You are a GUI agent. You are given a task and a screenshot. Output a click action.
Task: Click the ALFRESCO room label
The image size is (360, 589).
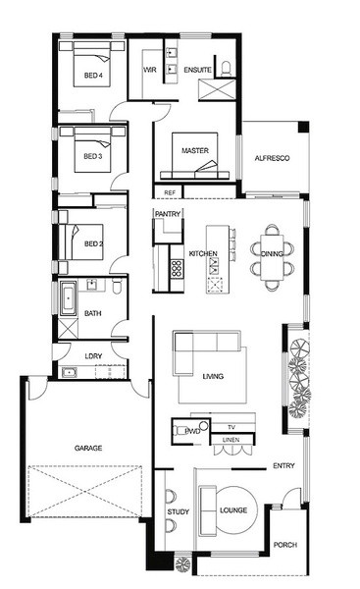(x=272, y=158)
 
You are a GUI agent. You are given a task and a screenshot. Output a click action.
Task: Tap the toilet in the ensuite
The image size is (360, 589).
(x=226, y=69)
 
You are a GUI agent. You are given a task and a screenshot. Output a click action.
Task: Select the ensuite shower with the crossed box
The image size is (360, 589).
(x=217, y=89)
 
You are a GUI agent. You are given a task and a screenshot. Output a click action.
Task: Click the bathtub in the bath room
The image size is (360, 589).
(x=69, y=298)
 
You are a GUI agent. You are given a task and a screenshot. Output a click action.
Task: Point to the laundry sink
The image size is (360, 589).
(x=70, y=373)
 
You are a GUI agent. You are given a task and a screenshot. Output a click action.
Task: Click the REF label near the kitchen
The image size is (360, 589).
(x=170, y=192)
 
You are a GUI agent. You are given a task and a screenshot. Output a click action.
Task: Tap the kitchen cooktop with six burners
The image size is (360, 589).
(x=176, y=269)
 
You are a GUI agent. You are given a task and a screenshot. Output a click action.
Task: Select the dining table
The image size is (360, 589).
(x=272, y=257)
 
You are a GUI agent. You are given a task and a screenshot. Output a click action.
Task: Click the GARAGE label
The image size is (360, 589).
(x=88, y=448)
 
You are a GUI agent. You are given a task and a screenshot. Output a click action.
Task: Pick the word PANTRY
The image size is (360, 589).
(x=168, y=214)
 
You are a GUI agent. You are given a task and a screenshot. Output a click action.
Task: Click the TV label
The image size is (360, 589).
(x=231, y=427)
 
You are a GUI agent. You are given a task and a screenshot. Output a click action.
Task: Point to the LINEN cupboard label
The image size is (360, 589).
(x=231, y=440)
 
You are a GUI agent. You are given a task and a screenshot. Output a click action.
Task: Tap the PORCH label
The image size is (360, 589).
(x=285, y=544)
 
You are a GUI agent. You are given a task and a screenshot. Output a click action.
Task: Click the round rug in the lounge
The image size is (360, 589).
(x=236, y=510)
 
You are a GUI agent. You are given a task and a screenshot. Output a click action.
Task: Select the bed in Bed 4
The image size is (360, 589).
(x=92, y=64)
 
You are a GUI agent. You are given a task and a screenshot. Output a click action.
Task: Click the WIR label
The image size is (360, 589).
(x=150, y=70)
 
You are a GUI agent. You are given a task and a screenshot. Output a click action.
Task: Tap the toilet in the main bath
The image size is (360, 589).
(x=117, y=286)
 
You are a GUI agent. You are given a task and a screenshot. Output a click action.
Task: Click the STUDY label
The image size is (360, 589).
(x=179, y=511)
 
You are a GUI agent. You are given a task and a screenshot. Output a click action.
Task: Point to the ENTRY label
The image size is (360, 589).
(x=283, y=465)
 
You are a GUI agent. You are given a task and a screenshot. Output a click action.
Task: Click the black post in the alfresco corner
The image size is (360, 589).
(x=303, y=127)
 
